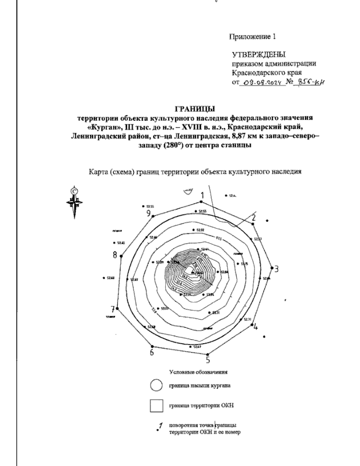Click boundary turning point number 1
pos(202,196)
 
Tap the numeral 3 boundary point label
pos(277,269)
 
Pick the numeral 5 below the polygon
pos(208,359)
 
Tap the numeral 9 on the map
pos(148,213)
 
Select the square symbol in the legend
pos(156,406)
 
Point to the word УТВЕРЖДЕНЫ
pos(259,55)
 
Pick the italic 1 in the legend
pos(161,425)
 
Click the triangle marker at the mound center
pos(193,272)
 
